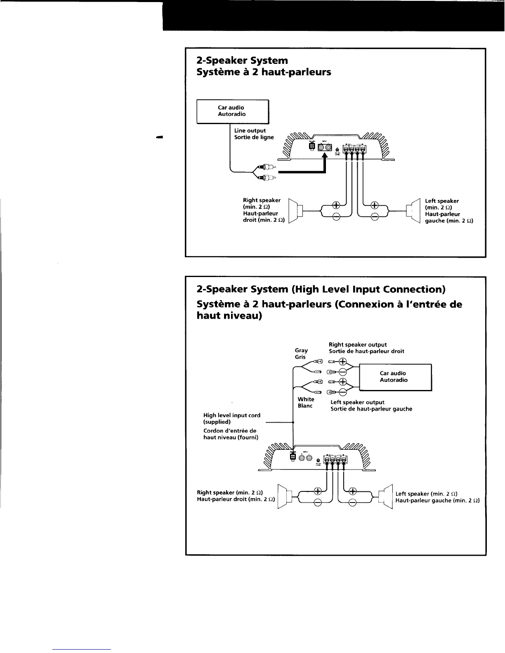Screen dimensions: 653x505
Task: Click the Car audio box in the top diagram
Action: (233, 111)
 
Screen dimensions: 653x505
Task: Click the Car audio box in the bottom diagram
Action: (395, 377)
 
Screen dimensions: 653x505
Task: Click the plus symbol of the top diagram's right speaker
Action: (336, 205)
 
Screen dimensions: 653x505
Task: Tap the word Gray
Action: (301, 350)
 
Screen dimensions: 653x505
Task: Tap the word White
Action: (306, 399)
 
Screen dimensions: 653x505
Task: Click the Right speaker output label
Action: (358, 345)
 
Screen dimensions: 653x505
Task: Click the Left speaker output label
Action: (358, 402)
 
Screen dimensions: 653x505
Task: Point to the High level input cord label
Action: (232, 416)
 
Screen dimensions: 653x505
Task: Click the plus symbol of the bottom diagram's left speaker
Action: (353, 491)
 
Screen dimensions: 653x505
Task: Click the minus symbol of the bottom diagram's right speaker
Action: (318, 503)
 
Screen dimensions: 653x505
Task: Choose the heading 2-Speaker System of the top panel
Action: (242, 61)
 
